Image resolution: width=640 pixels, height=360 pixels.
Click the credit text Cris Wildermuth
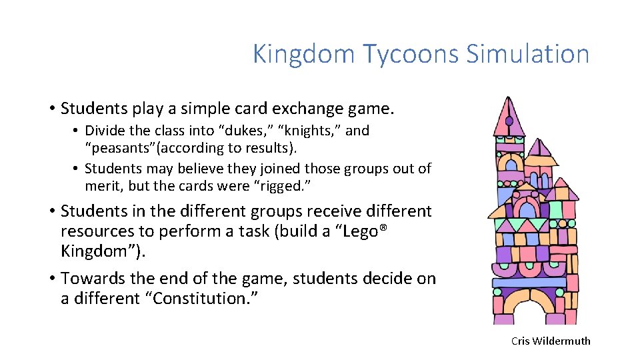click(x=551, y=341)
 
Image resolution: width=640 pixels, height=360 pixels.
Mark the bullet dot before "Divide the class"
click(x=77, y=131)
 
